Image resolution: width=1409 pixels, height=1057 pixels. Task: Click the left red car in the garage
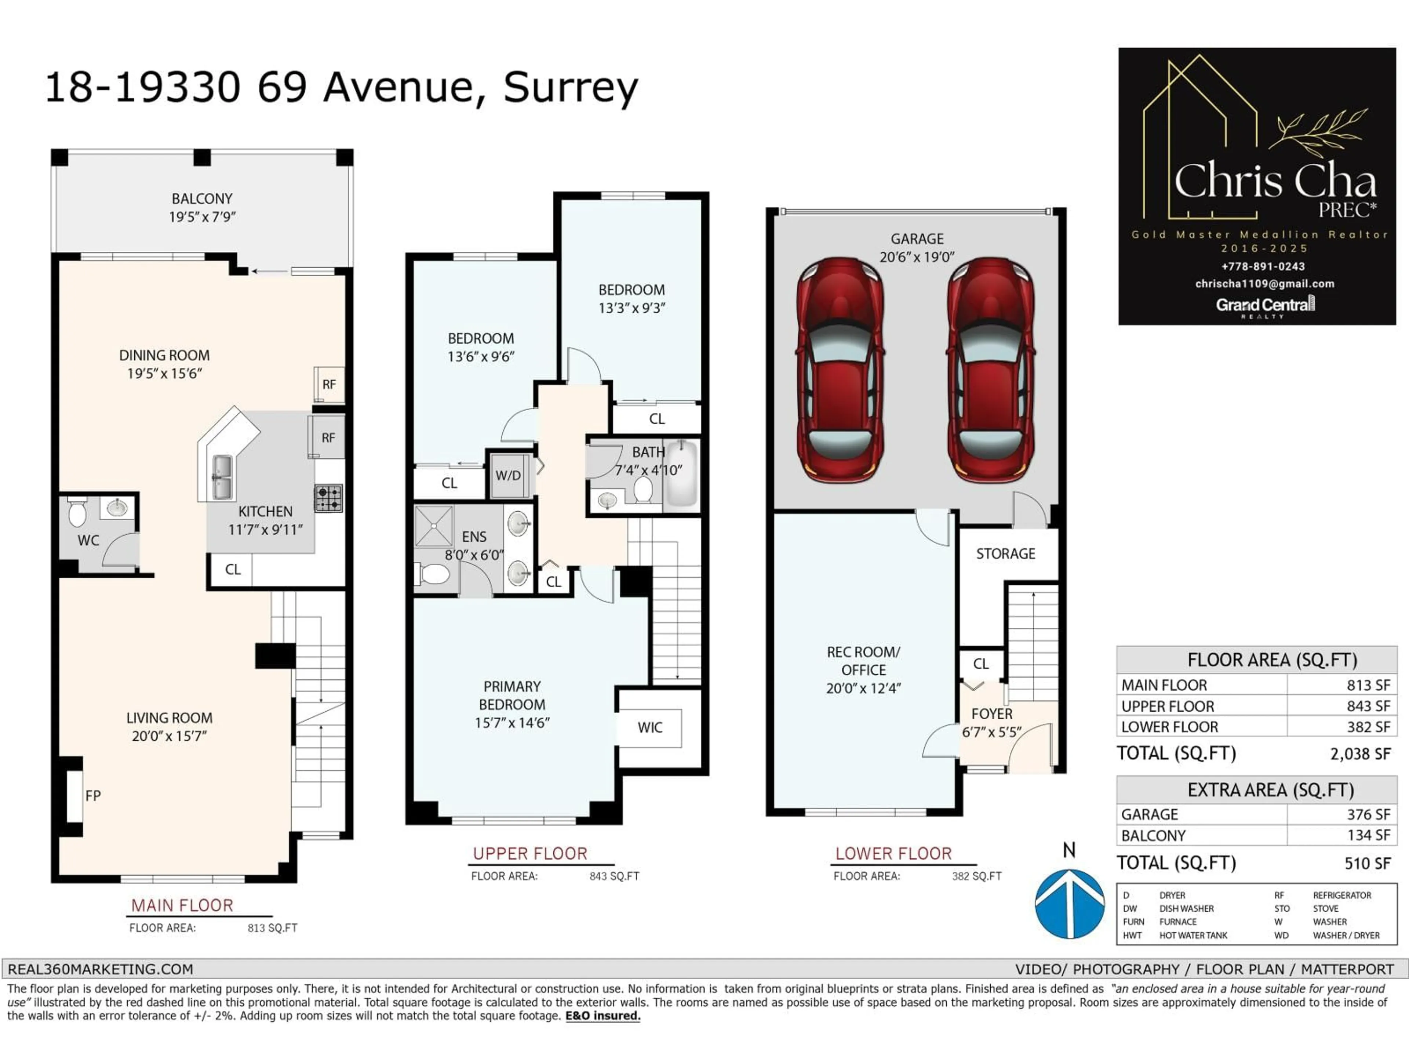tap(840, 370)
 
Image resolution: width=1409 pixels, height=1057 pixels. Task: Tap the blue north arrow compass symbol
tap(1070, 904)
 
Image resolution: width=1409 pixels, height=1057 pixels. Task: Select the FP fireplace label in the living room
tap(93, 795)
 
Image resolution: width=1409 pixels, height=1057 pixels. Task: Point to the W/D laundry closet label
tap(508, 475)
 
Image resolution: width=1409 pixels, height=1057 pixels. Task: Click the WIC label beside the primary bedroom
tap(650, 727)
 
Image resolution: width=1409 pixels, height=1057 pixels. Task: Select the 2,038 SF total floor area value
tap(1359, 754)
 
